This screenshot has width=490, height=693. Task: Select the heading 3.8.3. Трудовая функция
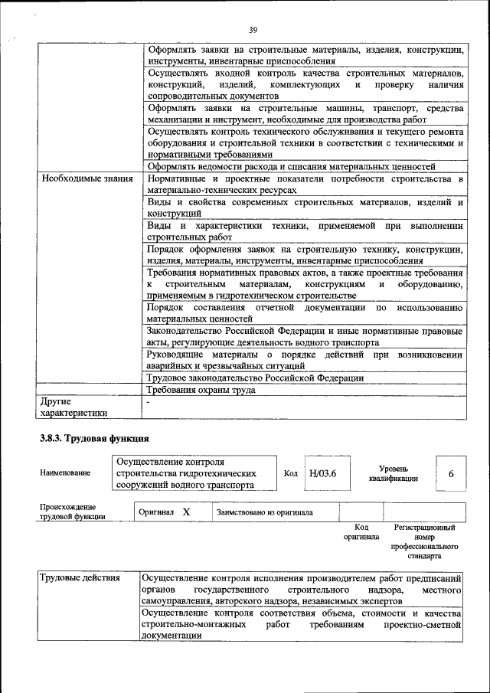point(94,438)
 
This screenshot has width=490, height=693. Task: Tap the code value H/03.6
point(322,473)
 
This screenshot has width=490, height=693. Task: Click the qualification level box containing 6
point(451,473)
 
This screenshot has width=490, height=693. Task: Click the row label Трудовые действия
point(80,578)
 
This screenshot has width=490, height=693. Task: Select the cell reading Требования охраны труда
point(201,390)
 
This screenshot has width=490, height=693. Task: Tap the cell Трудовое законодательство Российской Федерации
point(255,378)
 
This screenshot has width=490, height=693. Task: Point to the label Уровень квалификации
point(397,473)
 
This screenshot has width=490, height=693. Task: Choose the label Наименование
point(64,473)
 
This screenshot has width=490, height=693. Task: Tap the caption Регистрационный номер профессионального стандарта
point(424,542)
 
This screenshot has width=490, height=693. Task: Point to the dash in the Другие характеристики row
point(149,401)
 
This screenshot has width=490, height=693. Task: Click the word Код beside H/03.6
point(291,473)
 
